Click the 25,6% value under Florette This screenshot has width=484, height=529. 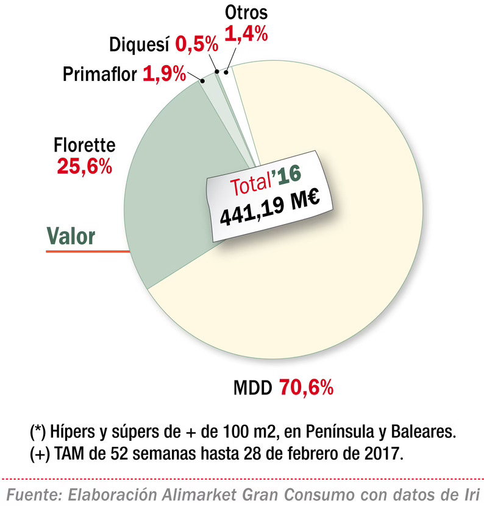pyautogui.click(x=84, y=166)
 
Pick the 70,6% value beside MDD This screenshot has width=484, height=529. pyautogui.click(x=306, y=388)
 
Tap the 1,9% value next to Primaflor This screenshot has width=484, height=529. pyautogui.click(x=164, y=74)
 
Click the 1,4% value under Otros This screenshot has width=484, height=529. pyautogui.click(x=246, y=34)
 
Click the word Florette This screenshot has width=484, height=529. pyautogui.click(x=84, y=146)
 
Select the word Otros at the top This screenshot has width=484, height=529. pyautogui.click(x=246, y=13)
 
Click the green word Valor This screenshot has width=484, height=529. pyautogui.click(x=71, y=236)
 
